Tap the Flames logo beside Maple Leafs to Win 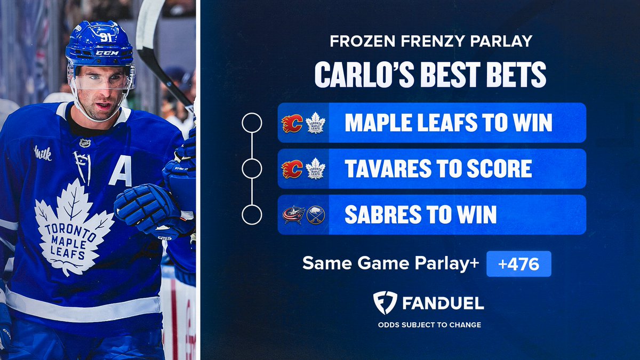tap(292, 123)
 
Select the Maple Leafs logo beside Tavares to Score tap(316, 169)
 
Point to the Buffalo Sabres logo tap(316, 215)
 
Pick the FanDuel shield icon tap(385, 303)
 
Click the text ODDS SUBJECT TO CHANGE tap(429, 324)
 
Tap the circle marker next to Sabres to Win tap(252, 215)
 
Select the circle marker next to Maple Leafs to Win tap(252, 123)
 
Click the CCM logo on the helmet tap(107, 53)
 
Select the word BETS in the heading tap(512, 76)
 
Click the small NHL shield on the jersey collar tap(84, 143)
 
